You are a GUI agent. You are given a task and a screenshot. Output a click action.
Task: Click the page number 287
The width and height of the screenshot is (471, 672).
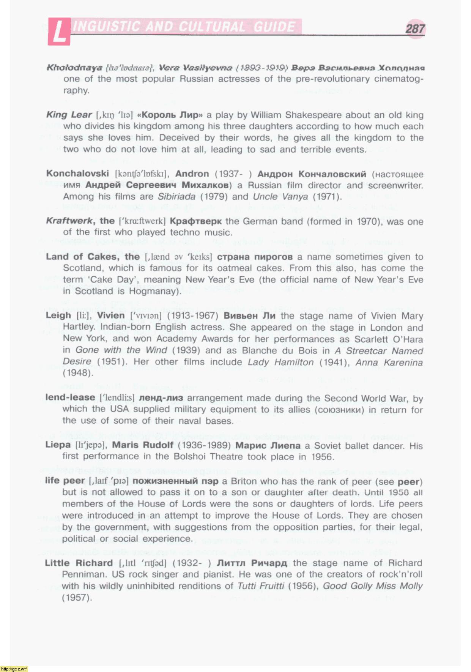[415, 29]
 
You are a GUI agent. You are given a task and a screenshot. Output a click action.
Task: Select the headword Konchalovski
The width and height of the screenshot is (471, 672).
[77, 174]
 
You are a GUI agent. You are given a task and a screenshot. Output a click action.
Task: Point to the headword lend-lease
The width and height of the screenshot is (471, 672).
[70, 398]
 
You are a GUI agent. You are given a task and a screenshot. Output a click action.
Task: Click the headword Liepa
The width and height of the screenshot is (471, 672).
[58, 445]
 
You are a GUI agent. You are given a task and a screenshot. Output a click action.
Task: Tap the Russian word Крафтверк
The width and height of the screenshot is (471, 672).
[195, 221]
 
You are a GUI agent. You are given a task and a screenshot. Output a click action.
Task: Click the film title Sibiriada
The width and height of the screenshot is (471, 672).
[176, 197]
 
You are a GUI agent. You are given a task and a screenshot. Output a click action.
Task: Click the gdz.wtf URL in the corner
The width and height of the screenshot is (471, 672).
[14, 669]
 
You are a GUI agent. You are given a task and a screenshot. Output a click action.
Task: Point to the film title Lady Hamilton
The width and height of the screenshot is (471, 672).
[280, 362]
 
